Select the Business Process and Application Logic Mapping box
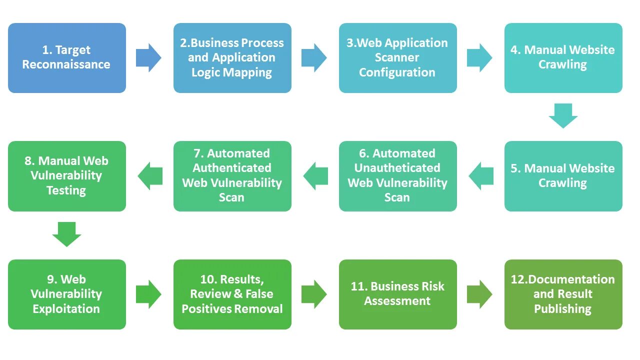point(232,58)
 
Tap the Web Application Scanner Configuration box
point(397,58)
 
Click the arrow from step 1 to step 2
point(148,57)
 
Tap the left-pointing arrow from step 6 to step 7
point(316,176)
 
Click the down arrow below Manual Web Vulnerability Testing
point(66,234)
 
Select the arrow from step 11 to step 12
point(479,294)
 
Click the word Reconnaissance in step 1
point(66,64)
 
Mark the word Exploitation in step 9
point(66,309)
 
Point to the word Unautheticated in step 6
point(397,168)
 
